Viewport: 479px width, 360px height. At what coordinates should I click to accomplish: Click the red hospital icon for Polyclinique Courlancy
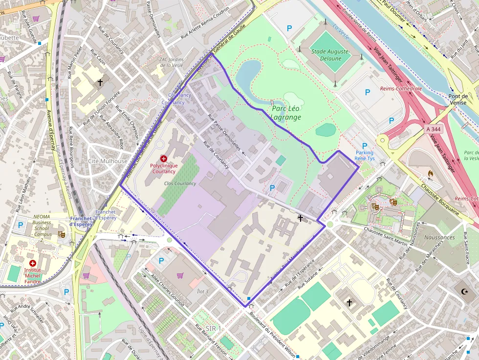point(163,159)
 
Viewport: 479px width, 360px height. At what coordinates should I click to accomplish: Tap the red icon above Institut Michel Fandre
point(33,263)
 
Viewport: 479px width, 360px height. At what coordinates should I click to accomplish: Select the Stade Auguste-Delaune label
point(331,55)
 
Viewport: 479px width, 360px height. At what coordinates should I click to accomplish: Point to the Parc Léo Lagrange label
point(286,113)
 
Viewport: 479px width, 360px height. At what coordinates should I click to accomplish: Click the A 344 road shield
point(433,128)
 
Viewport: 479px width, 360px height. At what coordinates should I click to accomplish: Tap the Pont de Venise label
point(457,100)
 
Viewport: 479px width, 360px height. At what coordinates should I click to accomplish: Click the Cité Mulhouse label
point(108,161)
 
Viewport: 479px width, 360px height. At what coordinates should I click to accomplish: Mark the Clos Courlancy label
point(180,184)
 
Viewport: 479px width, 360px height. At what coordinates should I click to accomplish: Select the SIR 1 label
point(214,328)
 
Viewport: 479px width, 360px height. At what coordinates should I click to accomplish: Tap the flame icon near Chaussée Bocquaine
point(431,173)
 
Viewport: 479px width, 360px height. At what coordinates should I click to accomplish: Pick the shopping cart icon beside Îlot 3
point(180,275)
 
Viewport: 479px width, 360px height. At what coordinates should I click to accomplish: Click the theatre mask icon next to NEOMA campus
point(62,234)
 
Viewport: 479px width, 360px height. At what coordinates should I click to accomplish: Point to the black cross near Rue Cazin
point(100,83)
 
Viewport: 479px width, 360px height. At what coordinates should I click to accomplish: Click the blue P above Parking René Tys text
point(364,146)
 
